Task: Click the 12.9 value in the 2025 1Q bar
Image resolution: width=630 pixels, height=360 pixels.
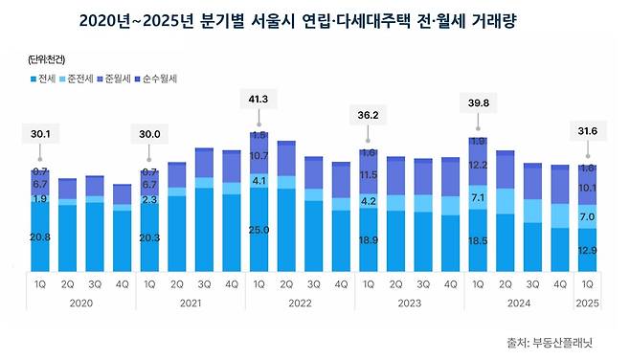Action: coord(588,250)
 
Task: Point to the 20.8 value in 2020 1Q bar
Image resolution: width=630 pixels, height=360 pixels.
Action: coord(41,236)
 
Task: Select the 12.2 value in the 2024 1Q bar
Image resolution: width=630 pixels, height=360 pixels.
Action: coord(478,166)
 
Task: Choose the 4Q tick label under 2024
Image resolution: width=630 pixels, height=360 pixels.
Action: coord(559,283)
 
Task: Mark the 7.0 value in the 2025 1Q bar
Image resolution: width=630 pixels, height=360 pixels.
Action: coord(588,217)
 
